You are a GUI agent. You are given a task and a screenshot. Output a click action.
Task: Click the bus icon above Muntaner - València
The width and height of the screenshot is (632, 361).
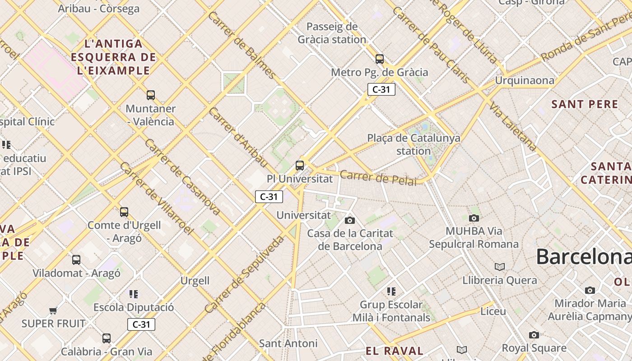click(x=151, y=95)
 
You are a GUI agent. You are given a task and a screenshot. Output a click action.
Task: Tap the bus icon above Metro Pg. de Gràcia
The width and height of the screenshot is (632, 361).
click(x=380, y=59)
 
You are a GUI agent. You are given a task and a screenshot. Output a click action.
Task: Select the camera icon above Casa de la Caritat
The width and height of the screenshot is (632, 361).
click(x=349, y=220)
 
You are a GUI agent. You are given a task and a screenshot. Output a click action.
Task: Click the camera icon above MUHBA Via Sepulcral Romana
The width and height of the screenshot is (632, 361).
click(x=474, y=218)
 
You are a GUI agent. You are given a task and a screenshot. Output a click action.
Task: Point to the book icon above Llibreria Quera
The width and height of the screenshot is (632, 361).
click(x=500, y=267)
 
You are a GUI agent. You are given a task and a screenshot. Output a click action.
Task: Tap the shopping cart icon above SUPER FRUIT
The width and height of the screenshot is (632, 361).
click(x=53, y=310)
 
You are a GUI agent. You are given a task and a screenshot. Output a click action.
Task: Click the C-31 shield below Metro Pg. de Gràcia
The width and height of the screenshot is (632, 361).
click(x=381, y=89)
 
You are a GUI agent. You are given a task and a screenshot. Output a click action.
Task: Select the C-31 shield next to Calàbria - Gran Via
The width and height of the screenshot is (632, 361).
click(x=141, y=324)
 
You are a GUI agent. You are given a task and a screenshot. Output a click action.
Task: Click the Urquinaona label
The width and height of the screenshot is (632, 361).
click(x=525, y=81)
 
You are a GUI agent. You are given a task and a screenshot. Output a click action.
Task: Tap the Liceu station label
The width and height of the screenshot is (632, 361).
click(x=493, y=311)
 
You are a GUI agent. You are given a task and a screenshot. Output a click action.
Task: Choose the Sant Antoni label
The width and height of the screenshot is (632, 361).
click(x=288, y=343)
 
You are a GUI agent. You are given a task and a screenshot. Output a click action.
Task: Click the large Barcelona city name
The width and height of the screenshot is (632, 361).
click(x=583, y=257)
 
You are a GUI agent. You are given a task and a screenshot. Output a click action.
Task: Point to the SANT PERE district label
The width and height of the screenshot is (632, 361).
click(x=585, y=104)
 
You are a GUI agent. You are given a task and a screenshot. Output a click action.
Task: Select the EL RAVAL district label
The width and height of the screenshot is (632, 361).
click(x=394, y=351)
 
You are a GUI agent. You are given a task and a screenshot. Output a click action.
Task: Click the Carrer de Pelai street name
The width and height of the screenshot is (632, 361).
click(x=378, y=178)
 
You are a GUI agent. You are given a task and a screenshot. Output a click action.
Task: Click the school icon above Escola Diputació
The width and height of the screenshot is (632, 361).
click(x=134, y=294)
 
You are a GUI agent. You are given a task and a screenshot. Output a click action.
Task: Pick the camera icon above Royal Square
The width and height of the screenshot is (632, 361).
click(x=534, y=335)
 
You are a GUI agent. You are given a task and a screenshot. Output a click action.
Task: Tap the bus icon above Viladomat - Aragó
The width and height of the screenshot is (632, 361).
click(x=76, y=260)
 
